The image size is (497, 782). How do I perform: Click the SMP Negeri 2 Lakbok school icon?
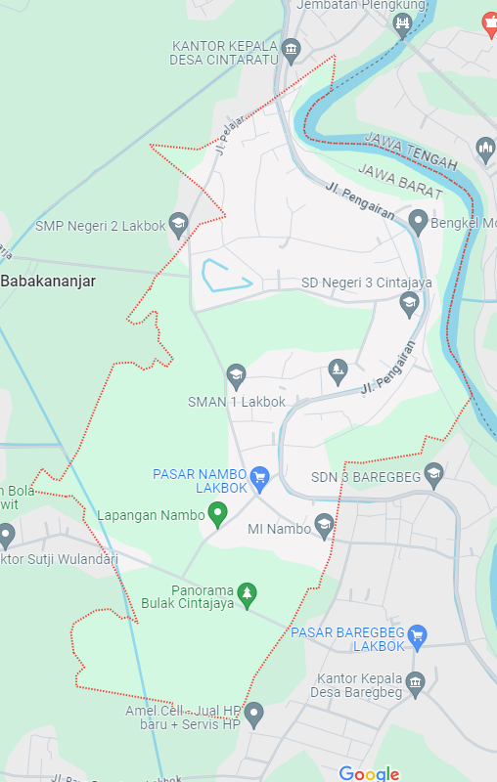178,226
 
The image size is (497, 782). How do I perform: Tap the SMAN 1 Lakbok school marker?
236,375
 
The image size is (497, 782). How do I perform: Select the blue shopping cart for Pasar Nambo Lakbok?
259,477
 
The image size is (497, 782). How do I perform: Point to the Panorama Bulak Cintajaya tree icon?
248,594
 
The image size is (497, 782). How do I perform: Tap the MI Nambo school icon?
324,528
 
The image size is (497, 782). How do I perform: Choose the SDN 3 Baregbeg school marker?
434,475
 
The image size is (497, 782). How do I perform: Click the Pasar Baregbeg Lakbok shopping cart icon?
418,634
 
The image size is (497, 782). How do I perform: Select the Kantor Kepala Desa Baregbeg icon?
417,683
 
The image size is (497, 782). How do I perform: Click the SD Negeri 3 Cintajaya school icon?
410,304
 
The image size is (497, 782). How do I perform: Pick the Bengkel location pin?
419,222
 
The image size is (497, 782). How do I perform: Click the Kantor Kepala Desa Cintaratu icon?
291,49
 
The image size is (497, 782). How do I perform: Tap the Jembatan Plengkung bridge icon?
402,23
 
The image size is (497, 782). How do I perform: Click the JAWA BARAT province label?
401,182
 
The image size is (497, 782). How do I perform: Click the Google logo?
369,773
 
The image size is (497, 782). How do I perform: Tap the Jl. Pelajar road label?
230,138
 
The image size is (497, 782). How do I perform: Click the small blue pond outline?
225,276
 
